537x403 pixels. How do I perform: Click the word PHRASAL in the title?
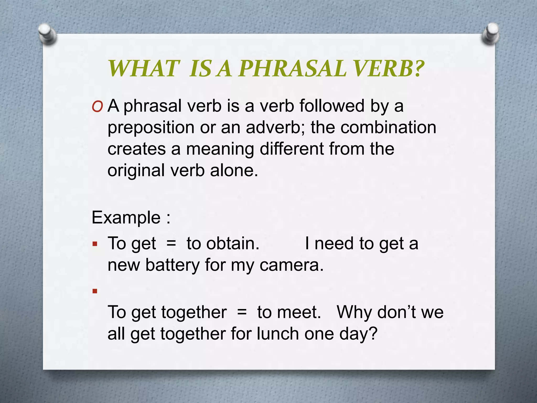[292, 69]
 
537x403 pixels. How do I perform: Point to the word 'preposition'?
[151, 128]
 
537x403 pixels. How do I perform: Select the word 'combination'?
[388, 127]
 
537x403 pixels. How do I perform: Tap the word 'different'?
[292, 149]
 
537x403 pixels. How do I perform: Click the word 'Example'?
[126, 218]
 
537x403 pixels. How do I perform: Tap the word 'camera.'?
[291, 265]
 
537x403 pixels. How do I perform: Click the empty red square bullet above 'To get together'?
[95, 291]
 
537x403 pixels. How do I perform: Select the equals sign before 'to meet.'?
[242, 312]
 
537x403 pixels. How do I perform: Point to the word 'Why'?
[354, 312]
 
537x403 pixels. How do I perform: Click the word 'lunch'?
[278, 334]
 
